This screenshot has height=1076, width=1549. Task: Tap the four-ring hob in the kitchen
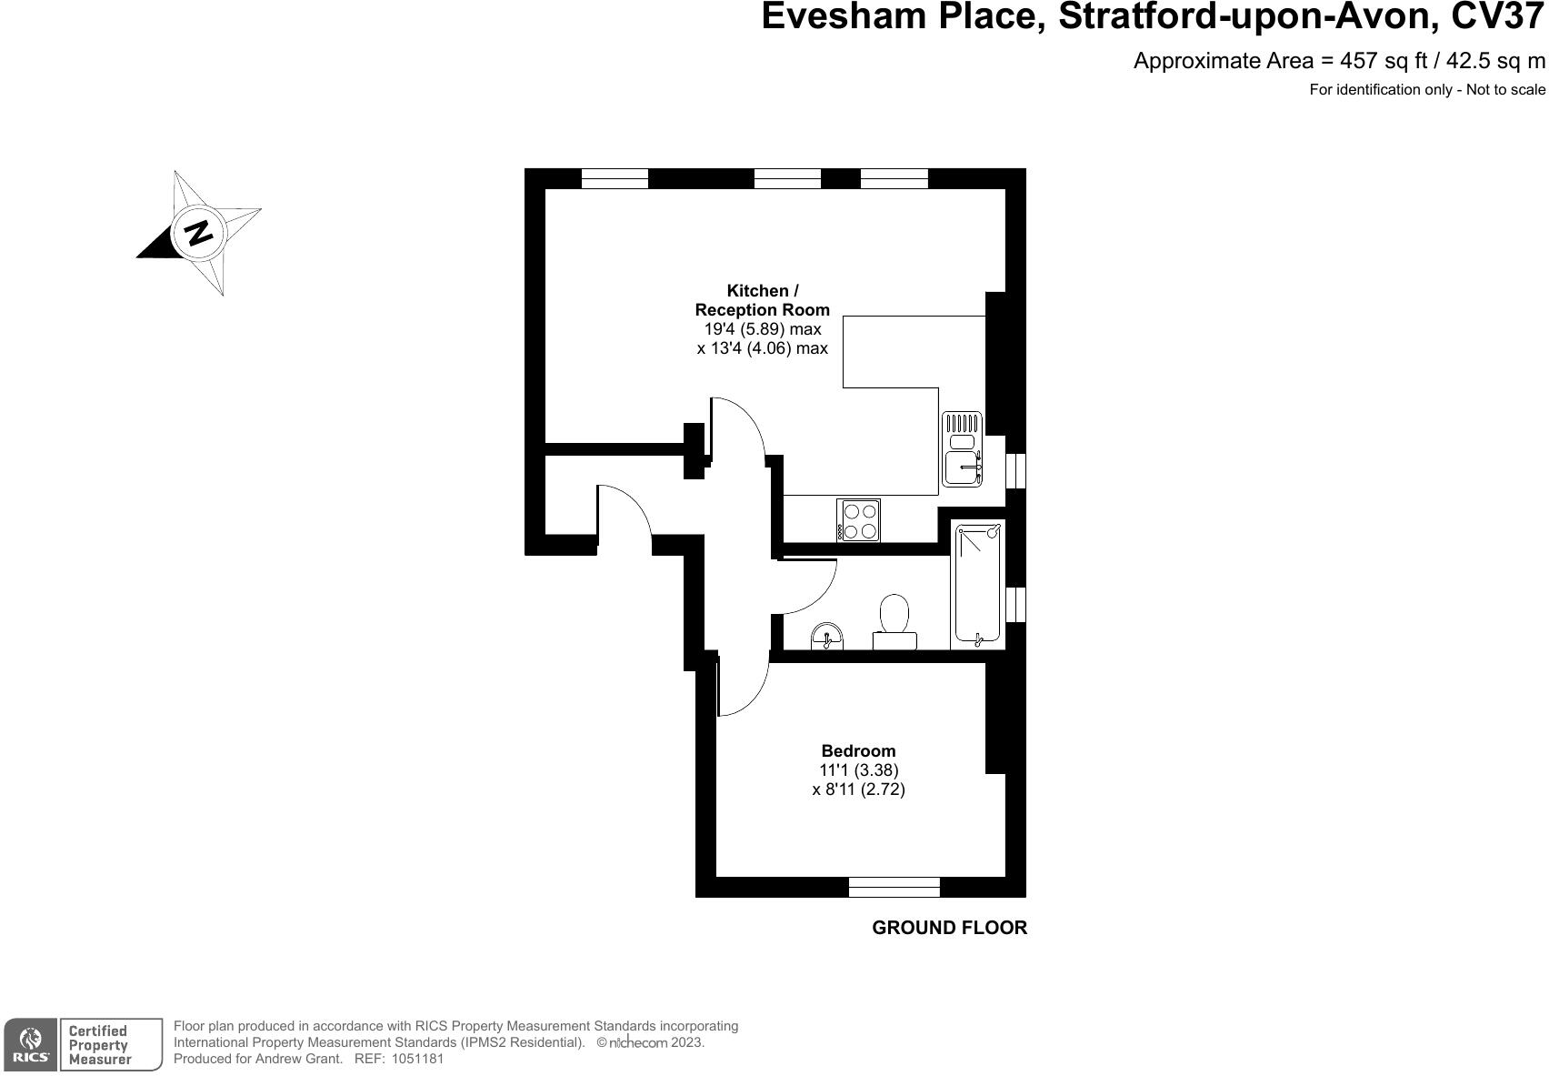tap(859, 521)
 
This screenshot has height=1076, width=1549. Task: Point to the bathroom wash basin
tap(827, 637)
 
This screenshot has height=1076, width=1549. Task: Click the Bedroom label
tap(858, 751)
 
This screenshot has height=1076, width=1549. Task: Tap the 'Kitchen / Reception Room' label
tap(762, 300)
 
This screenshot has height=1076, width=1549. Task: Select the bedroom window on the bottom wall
tap(894, 887)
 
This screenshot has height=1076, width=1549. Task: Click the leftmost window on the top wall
tap(615, 178)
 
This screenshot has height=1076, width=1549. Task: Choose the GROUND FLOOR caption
tap(949, 928)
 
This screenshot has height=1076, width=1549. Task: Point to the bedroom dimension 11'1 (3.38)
tap(858, 770)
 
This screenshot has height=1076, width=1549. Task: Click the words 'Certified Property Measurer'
tap(99, 1044)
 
